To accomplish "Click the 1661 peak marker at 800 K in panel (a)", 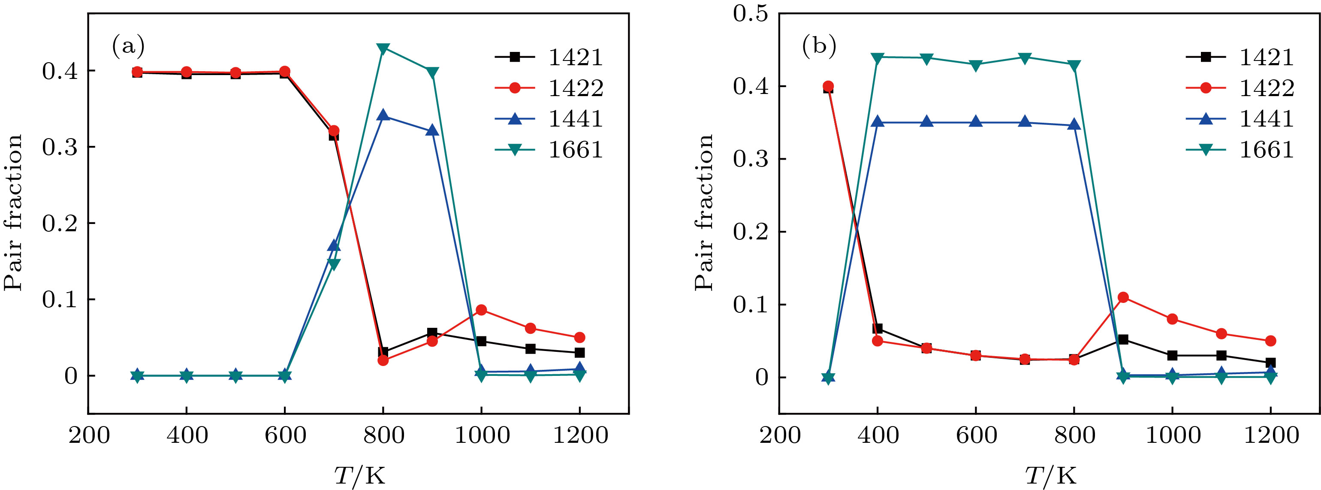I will [383, 48].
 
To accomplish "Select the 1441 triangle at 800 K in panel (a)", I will [383, 115].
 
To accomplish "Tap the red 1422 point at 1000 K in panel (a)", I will [481, 310].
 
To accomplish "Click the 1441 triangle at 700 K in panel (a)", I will [334, 246].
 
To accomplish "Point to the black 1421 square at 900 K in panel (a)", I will [432, 333].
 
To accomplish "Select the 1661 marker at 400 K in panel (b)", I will [878, 57].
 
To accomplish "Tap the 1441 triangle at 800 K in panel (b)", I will [1074, 125].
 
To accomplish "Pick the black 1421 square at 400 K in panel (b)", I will [878, 328].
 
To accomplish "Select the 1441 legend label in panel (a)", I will [576, 119].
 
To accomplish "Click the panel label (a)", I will [128, 46].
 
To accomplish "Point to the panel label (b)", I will [819, 46].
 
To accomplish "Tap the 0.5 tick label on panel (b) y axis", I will [750, 13].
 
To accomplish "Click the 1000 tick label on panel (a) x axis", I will [482, 436].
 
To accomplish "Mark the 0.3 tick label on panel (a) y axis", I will [60, 147].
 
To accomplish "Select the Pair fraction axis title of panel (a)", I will [13, 212].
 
